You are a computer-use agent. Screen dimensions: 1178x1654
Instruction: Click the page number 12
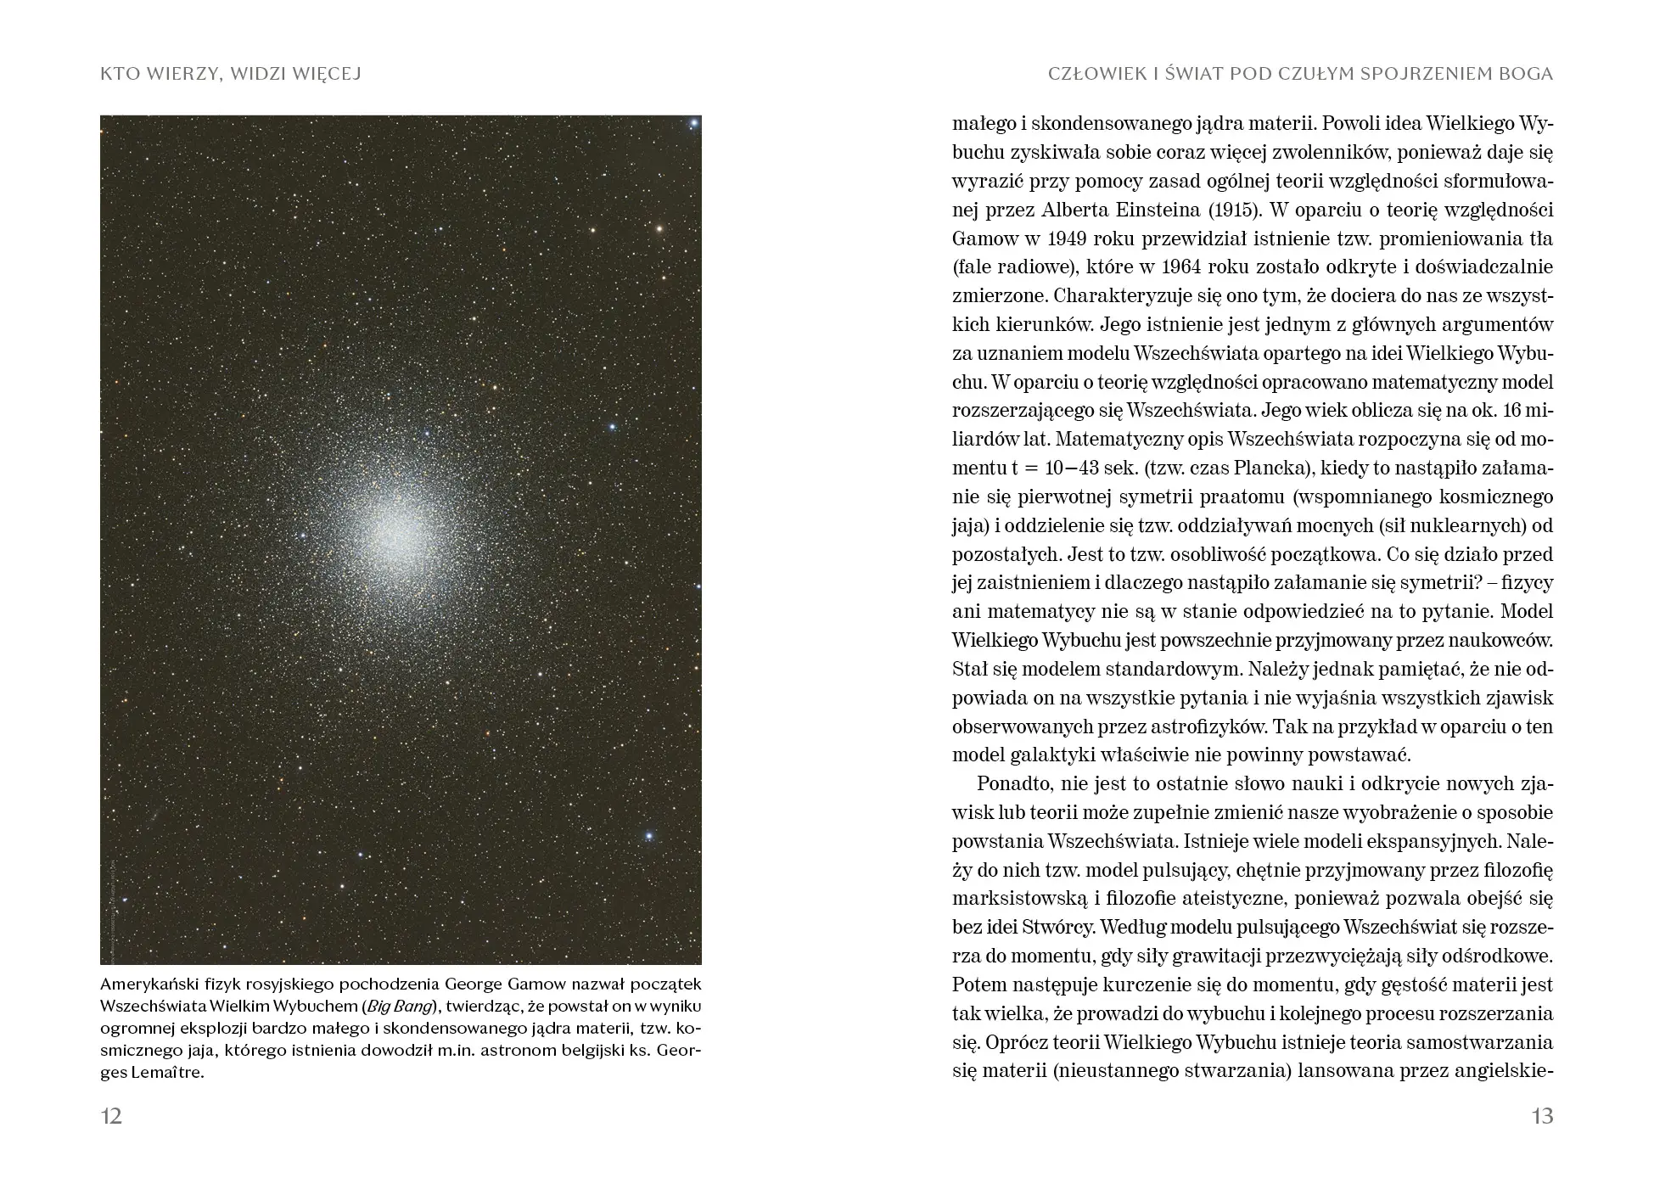click(112, 1116)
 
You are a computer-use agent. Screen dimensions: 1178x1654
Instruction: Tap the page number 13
click(1542, 1116)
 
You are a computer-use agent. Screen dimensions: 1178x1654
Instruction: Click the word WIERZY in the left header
click(173, 75)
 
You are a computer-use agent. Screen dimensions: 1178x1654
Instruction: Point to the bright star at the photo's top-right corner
click(693, 124)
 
